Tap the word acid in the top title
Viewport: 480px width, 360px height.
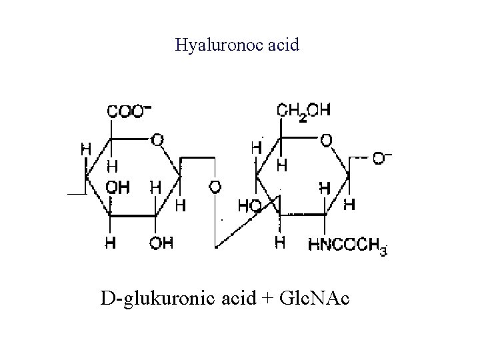pyautogui.click(x=286, y=45)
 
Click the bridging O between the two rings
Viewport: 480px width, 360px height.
pyautogui.click(x=215, y=187)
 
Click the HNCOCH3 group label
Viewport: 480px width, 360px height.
pyautogui.click(x=347, y=244)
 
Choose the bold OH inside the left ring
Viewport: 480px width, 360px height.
pyautogui.click(x=119, y=187)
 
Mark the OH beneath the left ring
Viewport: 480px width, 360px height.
pyautogui.click(x=161, y=243)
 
